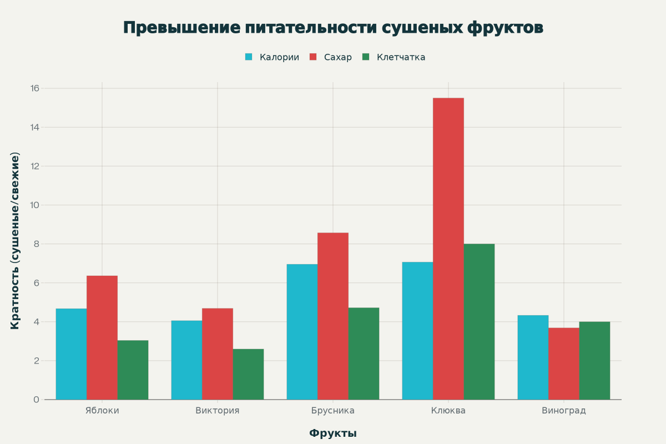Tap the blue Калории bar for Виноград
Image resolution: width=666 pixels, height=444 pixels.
pos(533,357)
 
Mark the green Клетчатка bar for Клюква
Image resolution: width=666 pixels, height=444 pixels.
pos(479,322)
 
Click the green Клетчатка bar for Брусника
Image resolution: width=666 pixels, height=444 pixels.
pos(364,354)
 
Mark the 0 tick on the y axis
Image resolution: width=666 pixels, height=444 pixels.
pos(36,400)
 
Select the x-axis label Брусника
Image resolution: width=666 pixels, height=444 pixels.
pos(333,411)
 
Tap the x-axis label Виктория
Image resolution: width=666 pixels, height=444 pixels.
pos(218,411)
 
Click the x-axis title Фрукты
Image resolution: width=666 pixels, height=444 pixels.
pos(333,433)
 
